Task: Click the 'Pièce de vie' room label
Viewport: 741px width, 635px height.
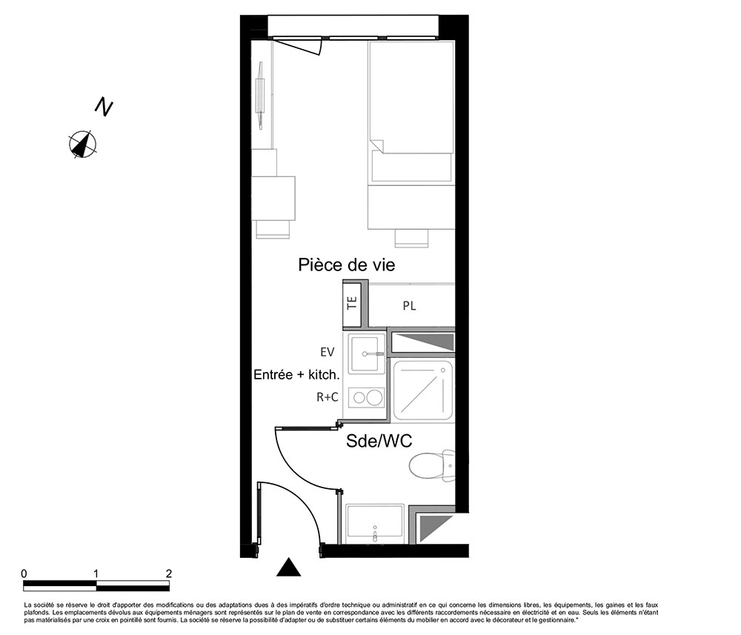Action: coord(346,265)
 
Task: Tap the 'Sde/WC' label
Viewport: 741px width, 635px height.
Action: coord(379,441)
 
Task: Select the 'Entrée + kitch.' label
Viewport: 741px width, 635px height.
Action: coord(297,375)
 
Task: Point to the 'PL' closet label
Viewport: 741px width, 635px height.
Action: coord(409,306)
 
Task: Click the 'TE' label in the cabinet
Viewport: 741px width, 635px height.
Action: coord(352,303)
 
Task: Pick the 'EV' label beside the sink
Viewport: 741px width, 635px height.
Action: coord(327,352)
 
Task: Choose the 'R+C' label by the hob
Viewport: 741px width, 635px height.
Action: coord(327,397)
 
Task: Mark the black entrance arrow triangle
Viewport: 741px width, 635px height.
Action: coord(288,568)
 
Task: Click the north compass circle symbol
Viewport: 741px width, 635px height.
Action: coord(83,144)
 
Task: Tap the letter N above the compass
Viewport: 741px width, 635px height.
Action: coord(104,107)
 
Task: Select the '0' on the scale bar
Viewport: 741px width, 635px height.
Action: coord(24,574)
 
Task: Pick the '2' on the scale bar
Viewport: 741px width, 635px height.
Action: coord(169,574)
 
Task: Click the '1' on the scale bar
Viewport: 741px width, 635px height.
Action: coord(96,574)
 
